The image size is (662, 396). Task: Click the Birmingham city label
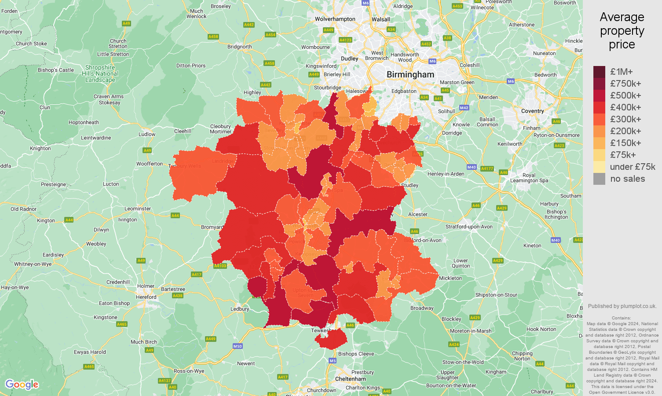410,75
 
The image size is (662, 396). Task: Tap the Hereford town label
146,297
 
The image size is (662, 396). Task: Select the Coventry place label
532,111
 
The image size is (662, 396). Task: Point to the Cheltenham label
350,379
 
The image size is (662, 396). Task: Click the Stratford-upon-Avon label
469,227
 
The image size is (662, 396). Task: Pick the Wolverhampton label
335,19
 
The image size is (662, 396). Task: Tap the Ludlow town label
147,134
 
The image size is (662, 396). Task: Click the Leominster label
138,209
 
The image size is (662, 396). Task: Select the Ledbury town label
240,309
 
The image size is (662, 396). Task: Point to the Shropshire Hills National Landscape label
100,74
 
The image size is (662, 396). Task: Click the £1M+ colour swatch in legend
599,72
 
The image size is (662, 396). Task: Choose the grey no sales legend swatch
599,179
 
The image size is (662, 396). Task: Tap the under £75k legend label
632,167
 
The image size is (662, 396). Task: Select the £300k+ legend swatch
599,119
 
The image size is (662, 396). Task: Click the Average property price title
622,31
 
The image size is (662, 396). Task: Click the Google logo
22,385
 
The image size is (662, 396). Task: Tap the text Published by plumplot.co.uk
622,306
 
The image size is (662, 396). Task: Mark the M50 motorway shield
238,346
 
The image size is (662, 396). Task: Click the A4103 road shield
220,266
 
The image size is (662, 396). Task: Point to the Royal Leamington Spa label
529,178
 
